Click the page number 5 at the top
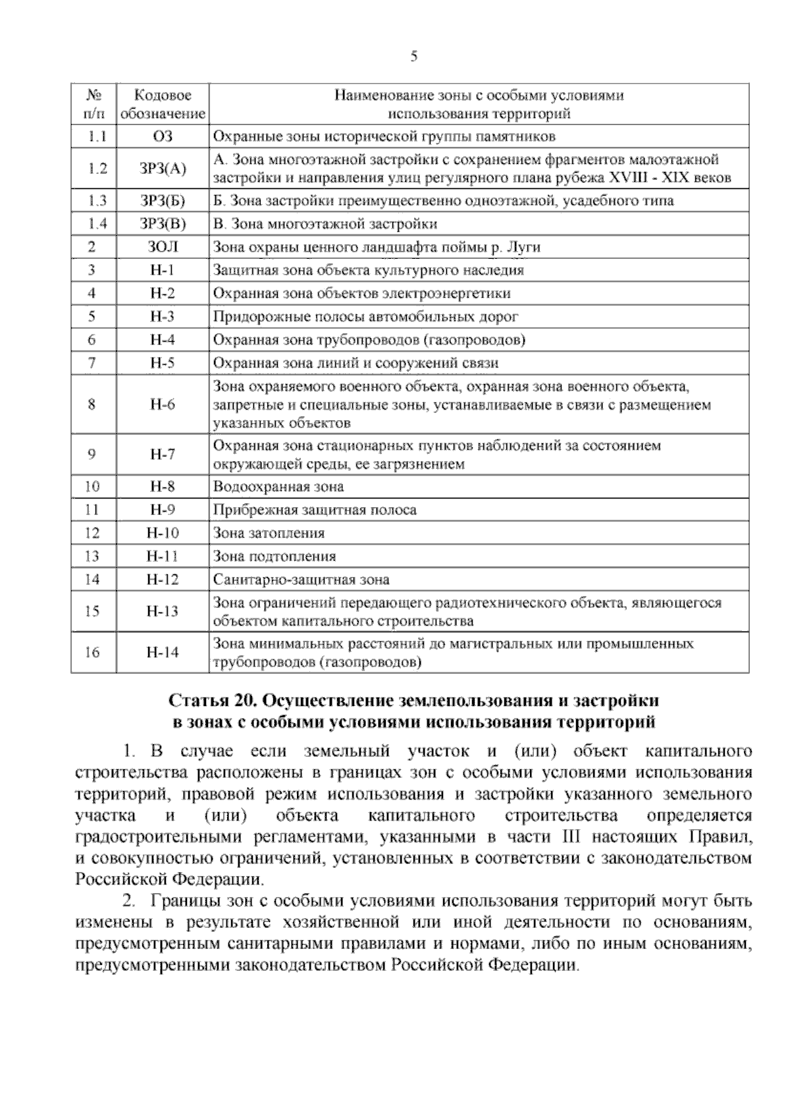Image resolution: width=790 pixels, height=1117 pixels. pos(414,57)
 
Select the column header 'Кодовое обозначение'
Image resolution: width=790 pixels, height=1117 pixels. pos(163,104)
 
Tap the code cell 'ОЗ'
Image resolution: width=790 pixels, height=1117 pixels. pos(162,136)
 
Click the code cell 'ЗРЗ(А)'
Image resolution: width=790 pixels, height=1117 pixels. pos(163,169)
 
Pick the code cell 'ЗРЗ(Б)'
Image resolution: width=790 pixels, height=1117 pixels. pos(163,200)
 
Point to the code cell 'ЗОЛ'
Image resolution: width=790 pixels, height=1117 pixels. pos(162,247)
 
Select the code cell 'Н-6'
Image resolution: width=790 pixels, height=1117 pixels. pos(162,404)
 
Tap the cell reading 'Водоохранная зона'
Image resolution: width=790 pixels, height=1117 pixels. pos(278,487)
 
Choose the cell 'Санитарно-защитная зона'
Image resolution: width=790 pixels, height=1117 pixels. pos(301,580)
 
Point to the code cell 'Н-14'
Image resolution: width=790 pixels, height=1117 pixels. pos(162,652)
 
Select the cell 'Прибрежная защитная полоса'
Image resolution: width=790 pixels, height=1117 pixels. pos(314,510)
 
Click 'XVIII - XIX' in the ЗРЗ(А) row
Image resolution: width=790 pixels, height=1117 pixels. pos(651,178)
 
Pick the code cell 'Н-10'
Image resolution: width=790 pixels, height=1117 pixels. pos(162,533)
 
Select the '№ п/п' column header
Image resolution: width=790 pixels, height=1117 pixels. pos(93,104)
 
